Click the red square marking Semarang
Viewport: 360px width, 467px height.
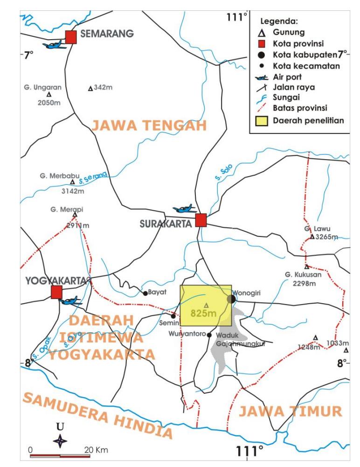(x=71, y=37)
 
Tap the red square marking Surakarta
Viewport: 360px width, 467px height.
(x=201, y=220)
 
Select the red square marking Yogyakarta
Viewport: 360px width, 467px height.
(x=56, y=293)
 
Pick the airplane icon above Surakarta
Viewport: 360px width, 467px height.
(x=185, y=209)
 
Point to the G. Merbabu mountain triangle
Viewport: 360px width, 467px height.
(x=72, y=182)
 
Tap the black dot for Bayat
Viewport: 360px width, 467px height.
(x=145, y=293)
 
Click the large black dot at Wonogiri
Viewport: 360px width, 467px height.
(x=231, y=299)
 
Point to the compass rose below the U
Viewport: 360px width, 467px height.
(x=60, y=440)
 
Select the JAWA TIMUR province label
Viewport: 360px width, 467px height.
(x=290, y=411)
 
